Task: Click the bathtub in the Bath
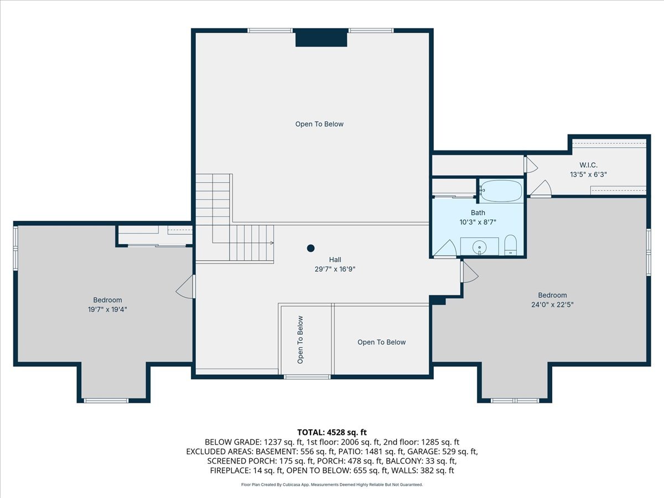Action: [501, 191]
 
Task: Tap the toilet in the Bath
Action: [511, 245]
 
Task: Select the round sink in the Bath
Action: [480, 248]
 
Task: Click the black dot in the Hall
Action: [310, 248]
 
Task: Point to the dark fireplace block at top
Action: [321, 38]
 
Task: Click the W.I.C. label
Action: [588, 165]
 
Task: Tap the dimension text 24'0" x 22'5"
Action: [552, 304]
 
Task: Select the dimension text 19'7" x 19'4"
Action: [107, 309]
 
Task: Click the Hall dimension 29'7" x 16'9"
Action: [335, 269]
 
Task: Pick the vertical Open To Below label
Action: [300, 340]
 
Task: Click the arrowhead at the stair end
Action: [272, 243]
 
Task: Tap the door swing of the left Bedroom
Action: [184, 287]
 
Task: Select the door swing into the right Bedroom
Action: [469, 272]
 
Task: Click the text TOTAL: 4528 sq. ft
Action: [332, 432]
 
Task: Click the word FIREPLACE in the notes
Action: [230, 470]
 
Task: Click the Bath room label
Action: [478, 213]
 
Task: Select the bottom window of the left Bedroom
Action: [106, 401]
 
